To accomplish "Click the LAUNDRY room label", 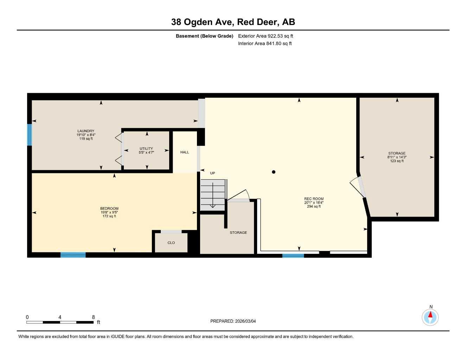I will click(86, 131).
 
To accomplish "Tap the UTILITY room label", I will click(146, 149).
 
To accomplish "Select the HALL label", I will click(185, 152).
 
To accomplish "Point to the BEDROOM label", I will click(109, 208).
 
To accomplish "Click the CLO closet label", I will click(171, 243).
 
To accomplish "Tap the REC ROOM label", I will click(314, 199).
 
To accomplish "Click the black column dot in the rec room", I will click(274, 172).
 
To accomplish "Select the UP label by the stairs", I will click(212, 173).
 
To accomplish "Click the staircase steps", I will click(212, 195).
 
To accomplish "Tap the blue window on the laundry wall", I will click(30, 135).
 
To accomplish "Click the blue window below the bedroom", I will click(73, 255).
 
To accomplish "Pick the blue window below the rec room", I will click(293, 256).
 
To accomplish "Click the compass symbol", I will click(430, 317).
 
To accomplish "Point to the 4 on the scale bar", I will click(60, 317).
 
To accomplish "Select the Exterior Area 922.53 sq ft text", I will click(266, 36).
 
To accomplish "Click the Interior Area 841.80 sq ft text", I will click(265, 44).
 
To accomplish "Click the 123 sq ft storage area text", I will click(397, 161).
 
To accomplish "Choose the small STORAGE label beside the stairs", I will click(238, 233).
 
